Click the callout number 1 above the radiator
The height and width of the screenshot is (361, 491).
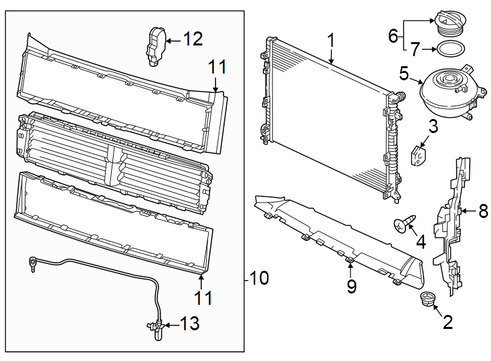330,41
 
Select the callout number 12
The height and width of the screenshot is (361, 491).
193,39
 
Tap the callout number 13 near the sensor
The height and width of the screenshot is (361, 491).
190,325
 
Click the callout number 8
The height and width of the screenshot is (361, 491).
483,211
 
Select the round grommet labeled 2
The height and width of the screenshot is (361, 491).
426,299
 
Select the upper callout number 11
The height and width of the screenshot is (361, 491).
216,68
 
